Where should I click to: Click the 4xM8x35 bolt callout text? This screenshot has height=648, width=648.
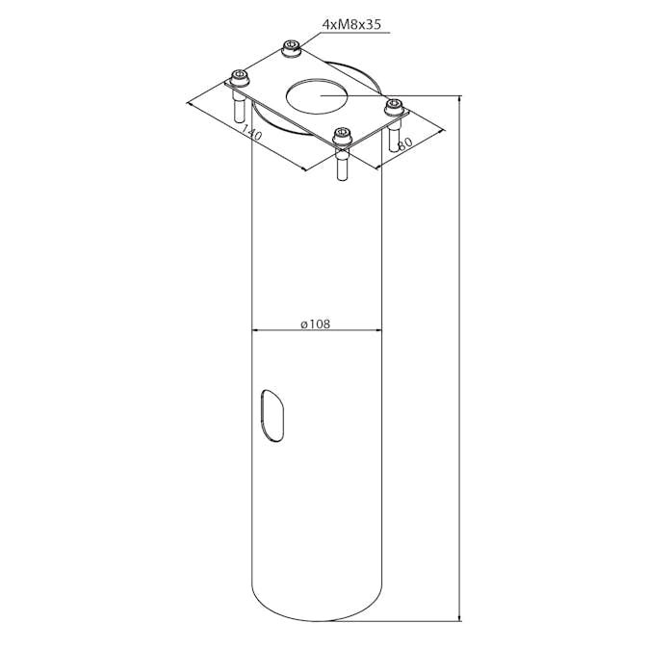tap(351, 24)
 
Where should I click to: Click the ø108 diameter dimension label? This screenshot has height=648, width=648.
tap(316, 324)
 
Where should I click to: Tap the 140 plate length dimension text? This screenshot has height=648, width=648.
tap(251, 132)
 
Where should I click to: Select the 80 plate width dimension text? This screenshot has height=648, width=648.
tap(404, 143)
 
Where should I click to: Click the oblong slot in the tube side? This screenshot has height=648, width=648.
tap(272, 415)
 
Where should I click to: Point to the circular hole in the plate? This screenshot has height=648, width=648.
tap(317, 96)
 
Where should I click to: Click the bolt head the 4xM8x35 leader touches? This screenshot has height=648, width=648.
tap(292, 48)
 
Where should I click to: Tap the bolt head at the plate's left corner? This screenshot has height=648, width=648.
tap(240, 78)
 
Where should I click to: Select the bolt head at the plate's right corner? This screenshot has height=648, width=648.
tap(394, 107)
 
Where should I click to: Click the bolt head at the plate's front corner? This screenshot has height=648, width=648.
tap(342, 137)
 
